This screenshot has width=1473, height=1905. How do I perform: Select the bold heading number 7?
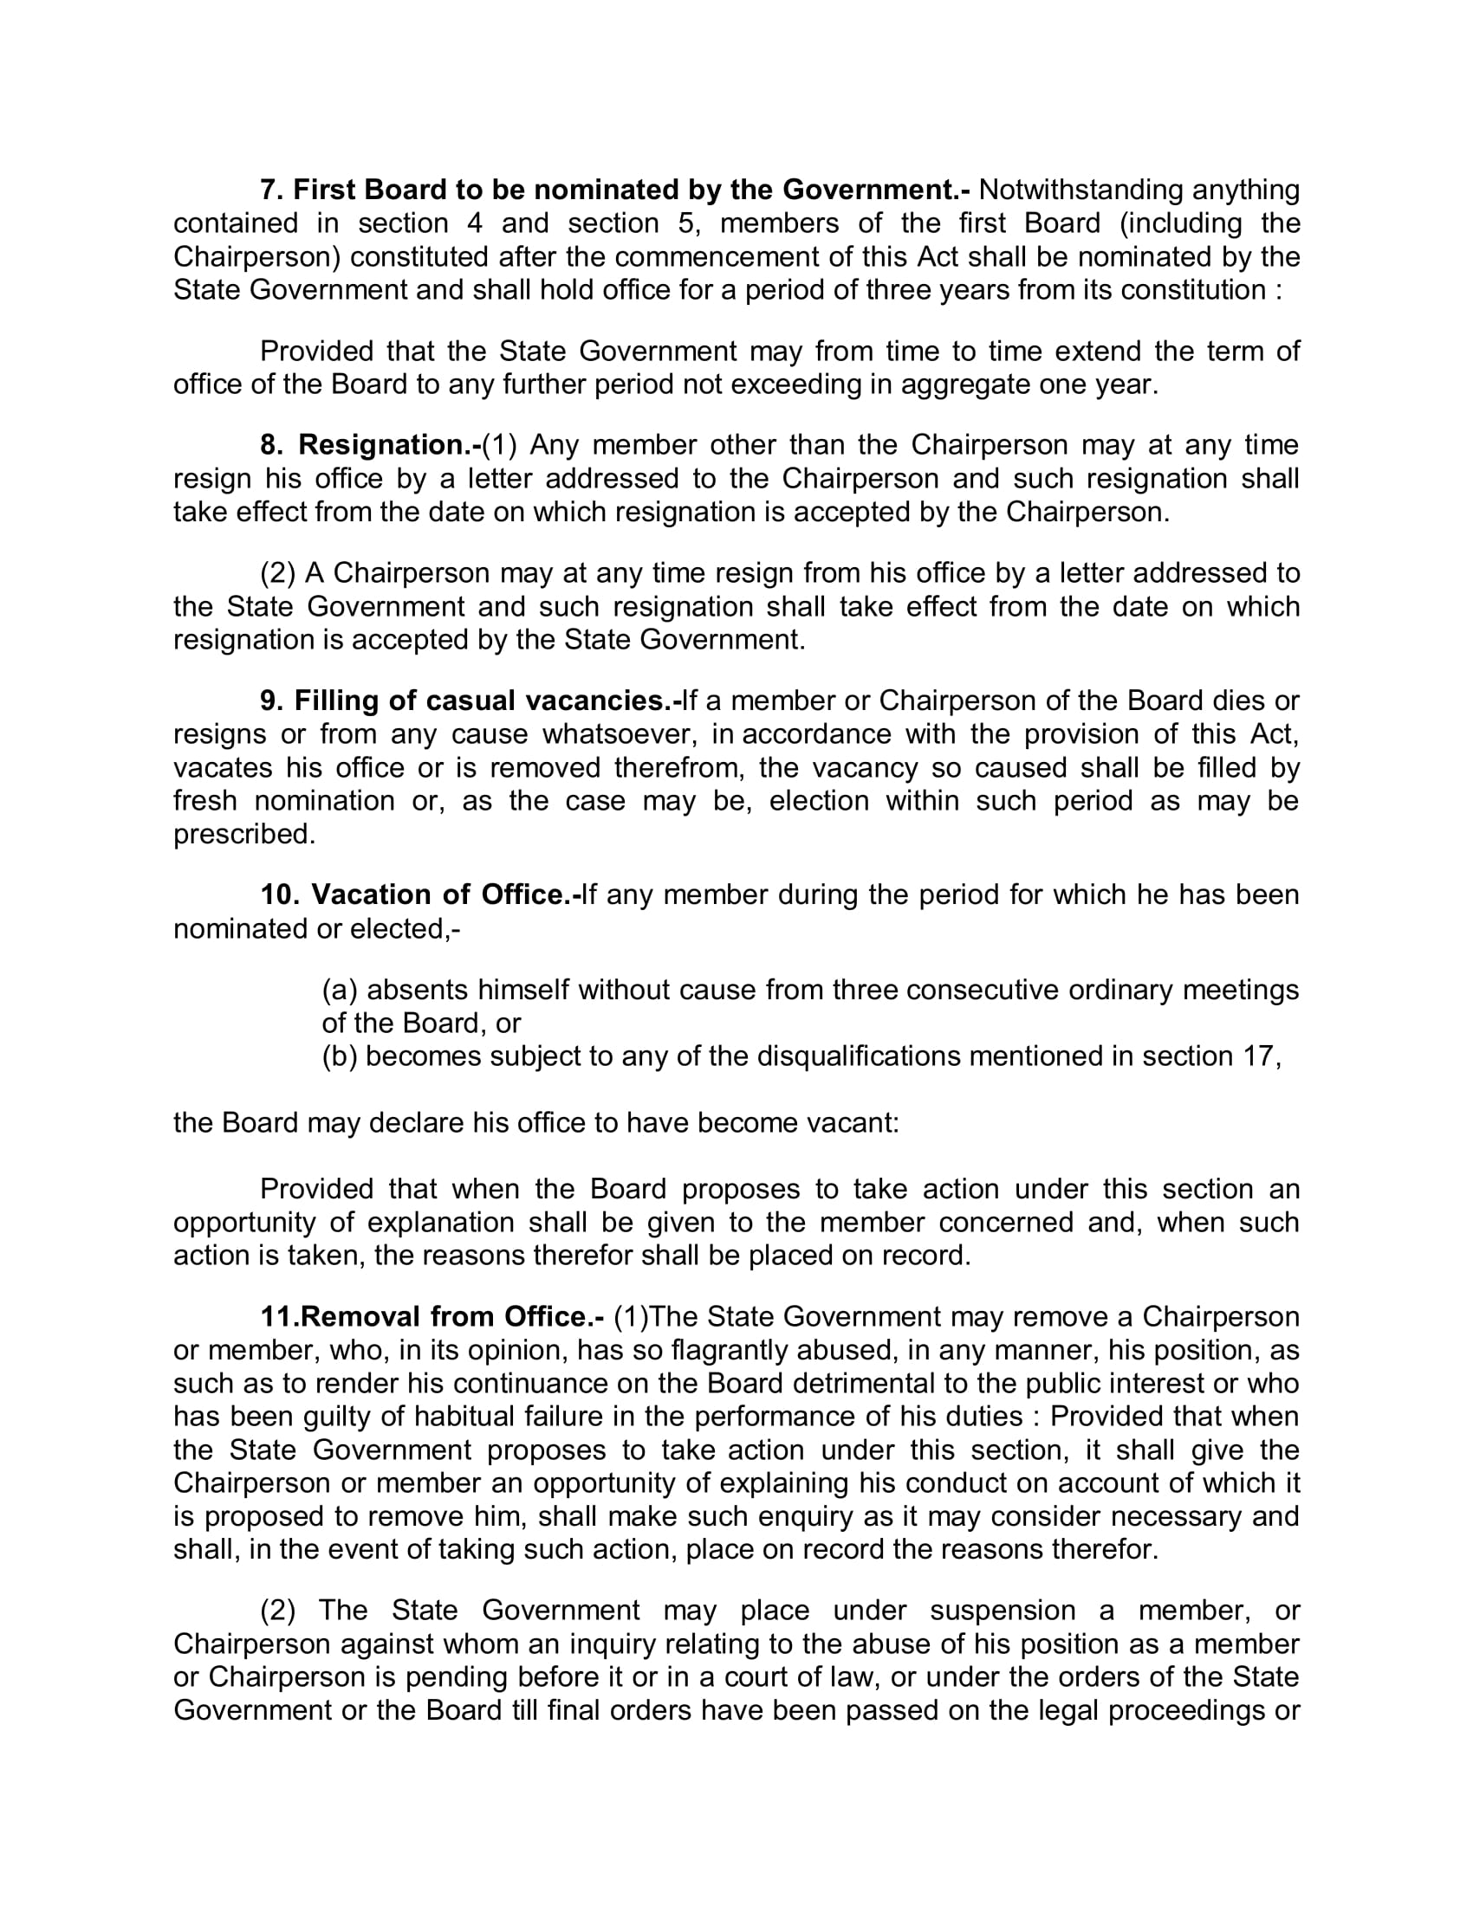269,190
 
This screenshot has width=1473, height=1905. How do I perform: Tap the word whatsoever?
620,734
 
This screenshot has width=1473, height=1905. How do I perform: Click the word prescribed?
244,835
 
